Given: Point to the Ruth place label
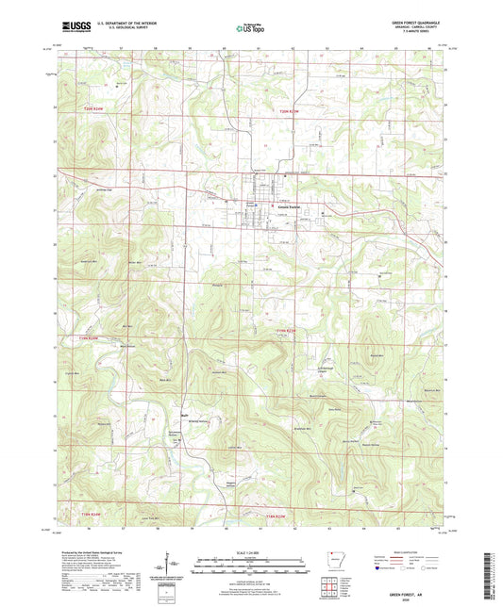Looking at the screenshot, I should coord(186,412).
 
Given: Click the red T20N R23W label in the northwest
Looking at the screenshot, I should coord(90,110).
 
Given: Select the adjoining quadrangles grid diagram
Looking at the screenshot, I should coord(331,585).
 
